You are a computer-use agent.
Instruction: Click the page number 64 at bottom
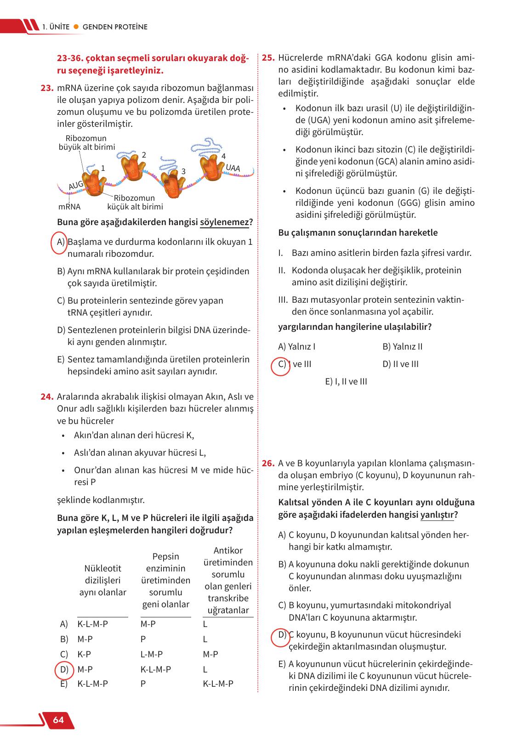[58, 720]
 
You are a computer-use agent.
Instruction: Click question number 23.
[47, 88]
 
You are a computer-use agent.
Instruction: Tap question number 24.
[47, 397]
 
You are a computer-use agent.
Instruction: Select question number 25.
[268, 58]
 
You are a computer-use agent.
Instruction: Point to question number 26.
[268, 463]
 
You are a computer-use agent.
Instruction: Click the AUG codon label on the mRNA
[76, 185]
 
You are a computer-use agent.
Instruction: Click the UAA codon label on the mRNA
[233, 169]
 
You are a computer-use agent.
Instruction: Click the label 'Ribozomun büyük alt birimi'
[86, 143]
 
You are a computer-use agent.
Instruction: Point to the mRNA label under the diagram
[69, 207]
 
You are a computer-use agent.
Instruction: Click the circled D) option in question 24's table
[63, 670]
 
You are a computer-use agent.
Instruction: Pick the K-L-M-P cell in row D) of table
[155, 670]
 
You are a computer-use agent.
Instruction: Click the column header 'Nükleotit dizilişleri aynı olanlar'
[102, 581]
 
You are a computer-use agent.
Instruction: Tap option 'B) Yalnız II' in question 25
[402, 347]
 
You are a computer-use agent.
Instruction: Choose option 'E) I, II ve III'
[346, 382]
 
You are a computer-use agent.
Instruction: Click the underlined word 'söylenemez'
[225, 222]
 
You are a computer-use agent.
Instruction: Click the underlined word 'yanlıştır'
[437, 515]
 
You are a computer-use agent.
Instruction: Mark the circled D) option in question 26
[282, 635]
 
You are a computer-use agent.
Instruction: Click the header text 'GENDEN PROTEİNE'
[115, 27]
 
